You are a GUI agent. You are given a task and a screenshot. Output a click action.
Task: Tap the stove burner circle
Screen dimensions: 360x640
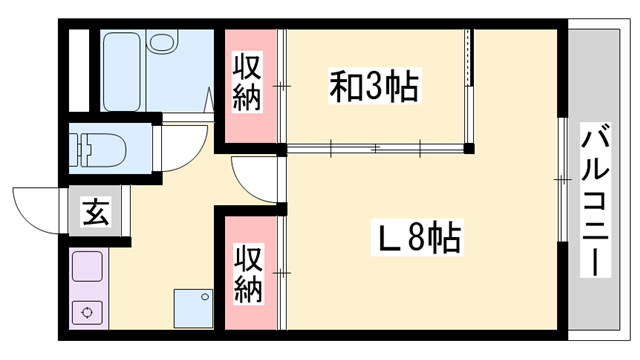tap(88, 311)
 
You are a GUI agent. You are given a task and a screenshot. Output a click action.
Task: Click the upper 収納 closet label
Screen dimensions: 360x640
tap(248, 83)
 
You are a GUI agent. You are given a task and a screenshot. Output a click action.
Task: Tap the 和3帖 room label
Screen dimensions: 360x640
tap(375, 86)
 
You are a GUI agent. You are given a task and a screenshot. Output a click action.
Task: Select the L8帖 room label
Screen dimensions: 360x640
tap(417, 238)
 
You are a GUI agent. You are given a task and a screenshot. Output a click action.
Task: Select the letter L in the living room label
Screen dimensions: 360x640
tap(387, 239)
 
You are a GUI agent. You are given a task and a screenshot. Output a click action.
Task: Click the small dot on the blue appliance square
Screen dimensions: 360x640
tap(206, 297)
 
